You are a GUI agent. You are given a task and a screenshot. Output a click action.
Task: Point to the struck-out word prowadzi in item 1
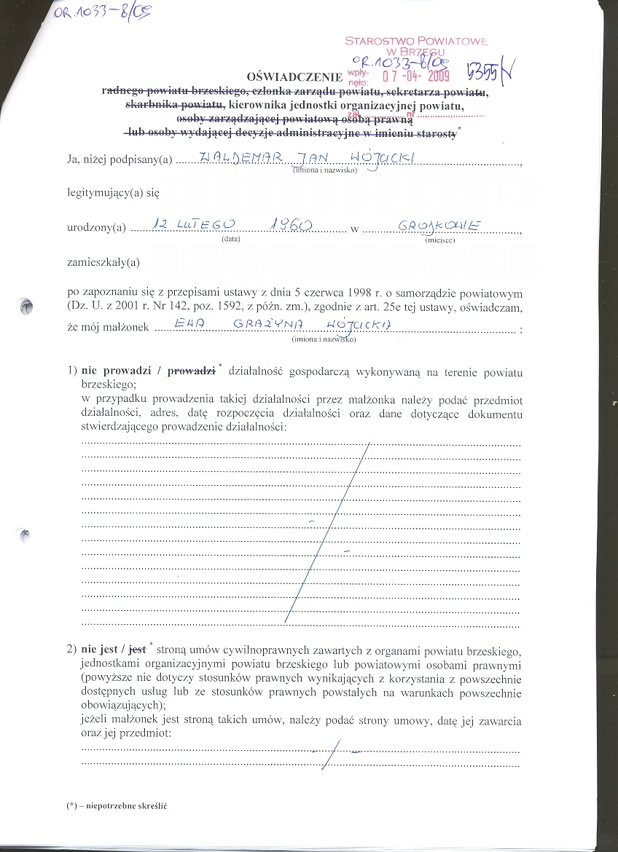[x=192, y=371]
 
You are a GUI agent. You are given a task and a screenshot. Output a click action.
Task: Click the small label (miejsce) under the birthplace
[x=440, y=240]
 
